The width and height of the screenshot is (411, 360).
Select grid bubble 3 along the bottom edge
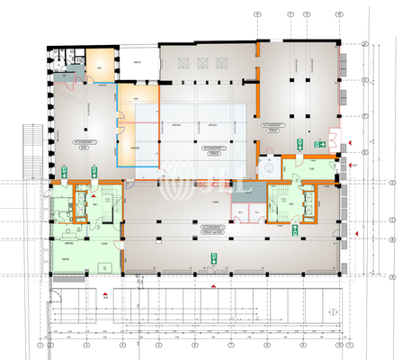[x=126, y=346]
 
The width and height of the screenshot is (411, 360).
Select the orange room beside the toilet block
[x=100, y=65]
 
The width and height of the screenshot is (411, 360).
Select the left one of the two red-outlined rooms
[x=238, y=212]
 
